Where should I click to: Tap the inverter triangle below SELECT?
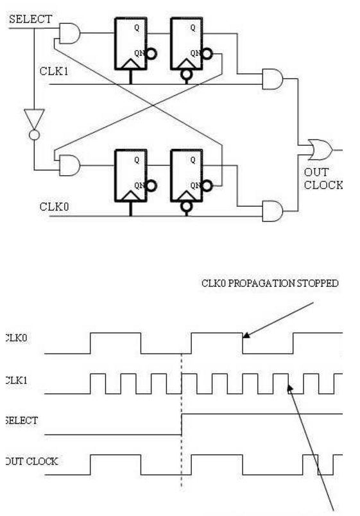(33, 119)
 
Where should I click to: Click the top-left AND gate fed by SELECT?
(69, 33)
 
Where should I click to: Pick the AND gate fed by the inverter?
(69, 166)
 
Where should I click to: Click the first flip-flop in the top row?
(130, 42)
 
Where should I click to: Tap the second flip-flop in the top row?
(187, 42)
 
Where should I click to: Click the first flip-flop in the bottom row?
(130, 175)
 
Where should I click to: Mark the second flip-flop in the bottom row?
(187, 175)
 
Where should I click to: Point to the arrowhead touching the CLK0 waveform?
(246, 332)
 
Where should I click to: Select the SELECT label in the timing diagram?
(22, 420)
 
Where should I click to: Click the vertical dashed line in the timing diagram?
(182, 417)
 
